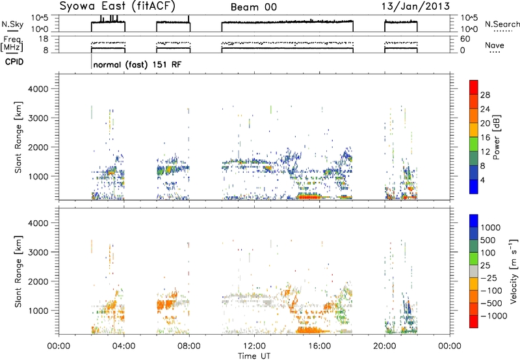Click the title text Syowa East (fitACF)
[118, 6]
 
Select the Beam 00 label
[253, 7]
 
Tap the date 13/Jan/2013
[415, 6]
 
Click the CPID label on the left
[14, 62]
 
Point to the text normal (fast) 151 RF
[137, 64]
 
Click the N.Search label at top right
[502, 24]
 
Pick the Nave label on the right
[495, 45]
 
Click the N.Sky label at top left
[12, 24]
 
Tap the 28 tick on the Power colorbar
[485, 95]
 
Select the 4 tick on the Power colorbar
[482, 180]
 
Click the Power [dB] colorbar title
[497, 137]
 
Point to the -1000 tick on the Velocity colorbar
[494, 316]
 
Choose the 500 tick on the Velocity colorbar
[488, 240]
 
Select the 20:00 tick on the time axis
[385, 346]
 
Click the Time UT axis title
[254, 356]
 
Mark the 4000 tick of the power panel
[38, 89]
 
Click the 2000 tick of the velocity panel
[38, 281]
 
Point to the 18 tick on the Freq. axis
[44, 39]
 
